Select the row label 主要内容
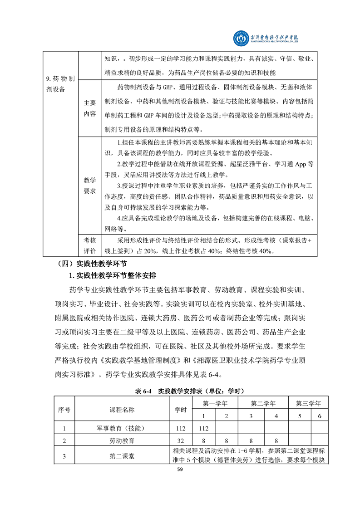click(89, 108)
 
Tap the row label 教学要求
click(89, 186)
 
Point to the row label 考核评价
click(89, 245)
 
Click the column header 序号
click(64, 410)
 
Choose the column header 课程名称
click(122, 410)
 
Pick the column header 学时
click(181, 410)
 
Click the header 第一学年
click(215, 403)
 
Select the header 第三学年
click(308, 403)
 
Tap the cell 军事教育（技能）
click(122, 428)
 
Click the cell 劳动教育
click(122, 440)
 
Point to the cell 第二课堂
click(122, 457)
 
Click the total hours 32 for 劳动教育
click(181, 440)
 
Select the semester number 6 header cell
click(320, 416)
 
